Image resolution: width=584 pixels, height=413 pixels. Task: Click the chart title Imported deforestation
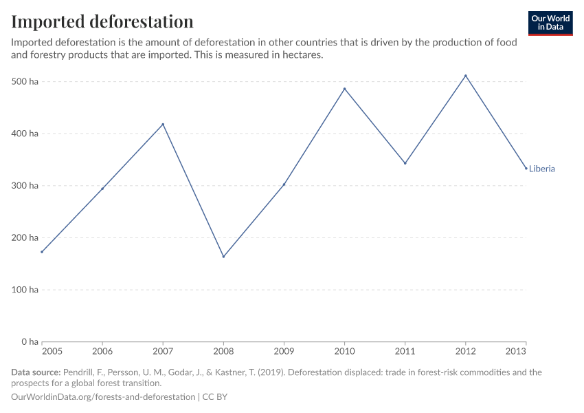(x=102, y=21)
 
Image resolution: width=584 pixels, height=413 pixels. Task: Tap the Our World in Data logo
(x=550, y=23)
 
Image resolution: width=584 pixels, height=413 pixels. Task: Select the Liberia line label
(x=541, y=169)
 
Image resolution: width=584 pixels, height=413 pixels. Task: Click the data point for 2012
(x=466, y=76)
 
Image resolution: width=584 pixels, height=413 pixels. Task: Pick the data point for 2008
(x=223, y=257)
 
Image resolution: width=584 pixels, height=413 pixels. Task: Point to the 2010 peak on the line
(x=344, y=89)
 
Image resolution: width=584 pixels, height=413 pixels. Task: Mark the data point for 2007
(x=163, y=125)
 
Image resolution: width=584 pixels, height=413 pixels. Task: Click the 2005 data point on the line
(x=42, y=252)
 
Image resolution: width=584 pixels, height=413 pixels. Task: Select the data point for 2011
(x=405, y=163)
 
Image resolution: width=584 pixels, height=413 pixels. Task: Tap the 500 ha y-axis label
(x=25, y=82)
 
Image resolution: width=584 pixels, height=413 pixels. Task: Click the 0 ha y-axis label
(x=30, y=341)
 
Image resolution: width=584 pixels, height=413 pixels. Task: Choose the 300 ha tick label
(x=25, y=186)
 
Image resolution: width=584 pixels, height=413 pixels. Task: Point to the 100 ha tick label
(x=25, y=290)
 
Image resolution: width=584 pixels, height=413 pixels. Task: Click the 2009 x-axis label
(x=284, y=352)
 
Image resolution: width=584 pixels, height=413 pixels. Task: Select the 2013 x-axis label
(x=517, y=352)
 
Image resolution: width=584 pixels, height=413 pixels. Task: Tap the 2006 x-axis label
(x=102, y=352)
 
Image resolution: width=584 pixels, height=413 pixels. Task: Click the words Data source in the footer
(x=36, y=372)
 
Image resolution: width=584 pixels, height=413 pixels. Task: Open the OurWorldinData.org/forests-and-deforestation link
(x=103, y=397)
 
